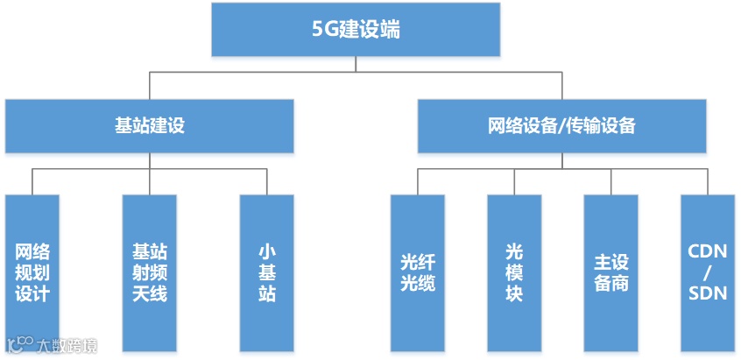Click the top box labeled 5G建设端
point(356,30)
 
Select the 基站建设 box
point(150,125)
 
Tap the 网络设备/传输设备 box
point(561,125)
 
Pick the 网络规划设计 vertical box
point(32,272)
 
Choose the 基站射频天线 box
point(150,272)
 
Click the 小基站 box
point(267,272)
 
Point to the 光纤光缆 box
point(418,272)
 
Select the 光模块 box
point(514,272)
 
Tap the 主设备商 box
point(611,272)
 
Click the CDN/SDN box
point(708,272)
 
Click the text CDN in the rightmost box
point(708,251)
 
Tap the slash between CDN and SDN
point(708,272)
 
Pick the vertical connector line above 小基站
point(267,181)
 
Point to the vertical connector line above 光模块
point(514,181)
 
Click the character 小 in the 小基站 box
point(267,251)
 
